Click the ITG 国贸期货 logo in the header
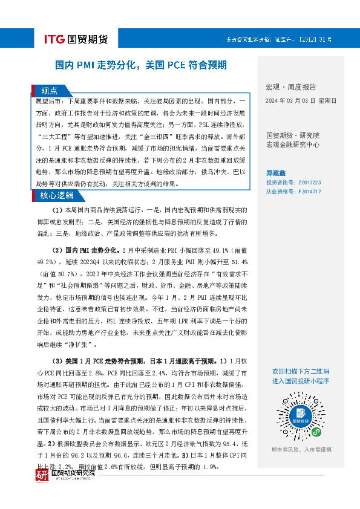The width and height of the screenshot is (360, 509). [76, 40]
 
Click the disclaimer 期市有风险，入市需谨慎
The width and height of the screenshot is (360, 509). [300, 450]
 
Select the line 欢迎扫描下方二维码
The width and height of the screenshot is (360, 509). [301, 371]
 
